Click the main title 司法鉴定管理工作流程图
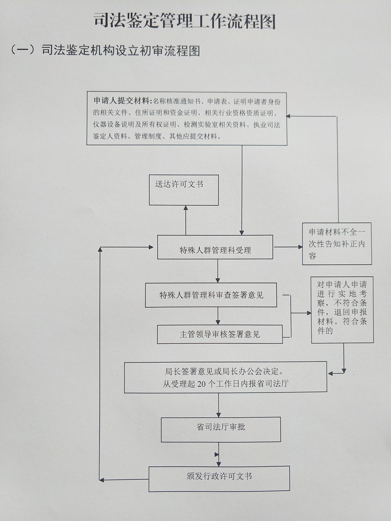pos(185,21)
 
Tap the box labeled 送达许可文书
pos(183,190)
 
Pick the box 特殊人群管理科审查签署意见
pos(211,295)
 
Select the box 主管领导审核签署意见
pos(219,334)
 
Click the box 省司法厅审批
pos(220,429)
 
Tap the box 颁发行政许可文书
pos(219,478)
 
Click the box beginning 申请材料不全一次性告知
pos(337,244)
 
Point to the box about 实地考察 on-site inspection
pos(342,309)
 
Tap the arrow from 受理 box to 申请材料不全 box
pos(288,247)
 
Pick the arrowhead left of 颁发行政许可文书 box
pos(102,480)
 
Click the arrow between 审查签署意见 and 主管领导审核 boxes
pos(219,316)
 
